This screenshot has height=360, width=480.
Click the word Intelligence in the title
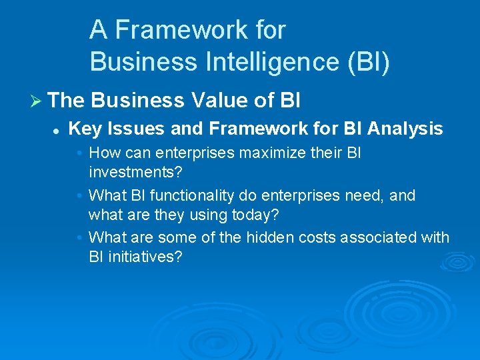(269, 61)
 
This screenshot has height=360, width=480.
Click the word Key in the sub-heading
(82, 129)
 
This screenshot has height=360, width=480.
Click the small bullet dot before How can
(79, 153)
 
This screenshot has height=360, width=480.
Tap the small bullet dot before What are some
(79, 238)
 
